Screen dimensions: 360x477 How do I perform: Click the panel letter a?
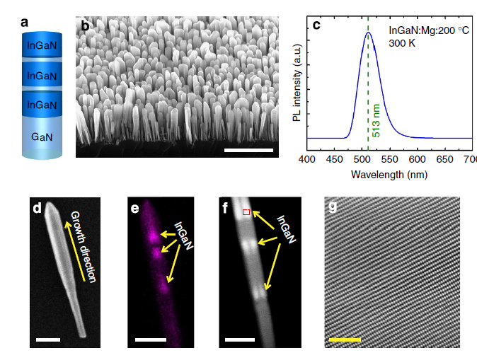click(25, 22)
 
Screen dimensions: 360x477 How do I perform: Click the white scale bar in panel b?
click(248, 150)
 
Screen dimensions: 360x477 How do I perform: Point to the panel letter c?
click(316, 25)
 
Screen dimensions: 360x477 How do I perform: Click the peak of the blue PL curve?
click(368, 32)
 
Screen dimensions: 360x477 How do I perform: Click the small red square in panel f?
click(246, 212)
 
